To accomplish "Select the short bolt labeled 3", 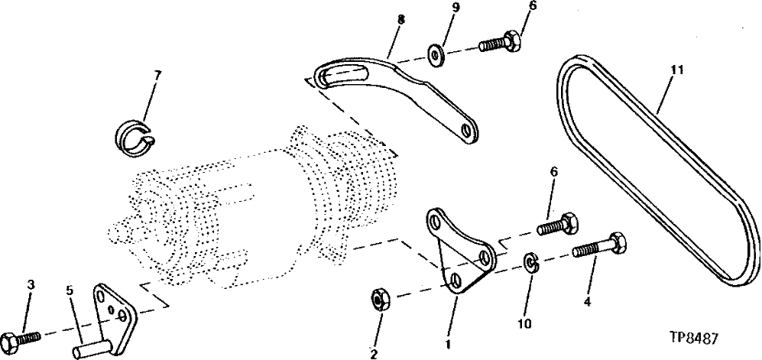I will tap(21, 336).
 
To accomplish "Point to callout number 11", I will tap(676, 70).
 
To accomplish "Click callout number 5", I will tap(69, 290).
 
